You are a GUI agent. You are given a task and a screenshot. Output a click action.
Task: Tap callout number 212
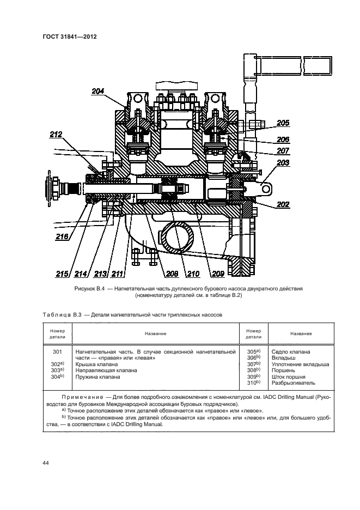pyautogui.click(x=56, y=134)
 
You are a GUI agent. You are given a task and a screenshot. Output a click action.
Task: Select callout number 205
pyautogui.click(x=283, y=123)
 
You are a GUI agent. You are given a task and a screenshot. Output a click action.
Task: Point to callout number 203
pyautogui.click(x=283, y=163)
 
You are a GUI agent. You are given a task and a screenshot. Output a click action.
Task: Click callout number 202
pyautogui.click(x=283, y=205)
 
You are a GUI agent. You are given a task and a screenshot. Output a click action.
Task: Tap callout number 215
pyautogui.click(x=63, y=274)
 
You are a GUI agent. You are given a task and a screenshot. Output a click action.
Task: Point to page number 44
pyautogui.click(x=46, y=463)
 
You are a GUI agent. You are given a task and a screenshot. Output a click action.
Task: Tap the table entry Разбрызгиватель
pyautogui.click(x=291, y=383)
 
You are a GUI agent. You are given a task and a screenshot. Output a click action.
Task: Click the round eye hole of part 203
pyautogui.click(x=267, y=189)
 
